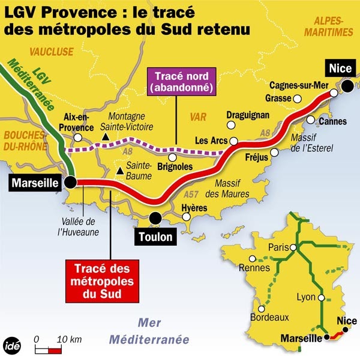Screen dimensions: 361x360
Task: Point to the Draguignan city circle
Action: [x=230, y=126]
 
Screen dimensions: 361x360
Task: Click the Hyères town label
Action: [x=194, y=208]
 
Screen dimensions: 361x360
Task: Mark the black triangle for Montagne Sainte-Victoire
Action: [x=106, y=138]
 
